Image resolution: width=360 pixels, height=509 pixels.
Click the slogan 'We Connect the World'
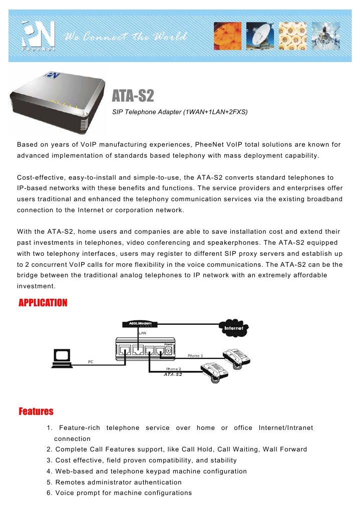click(x=126, y=37)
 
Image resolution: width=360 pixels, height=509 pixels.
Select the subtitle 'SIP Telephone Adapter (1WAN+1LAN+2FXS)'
click(x=180, y=112)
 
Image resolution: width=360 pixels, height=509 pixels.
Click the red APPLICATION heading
click(x=43, y=303)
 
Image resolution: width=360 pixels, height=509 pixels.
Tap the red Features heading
click(x=36, y=411)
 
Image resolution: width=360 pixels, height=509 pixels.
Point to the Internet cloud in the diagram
click(x=235, y=328)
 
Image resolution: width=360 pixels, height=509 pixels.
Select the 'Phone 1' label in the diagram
click(x=195, y=356)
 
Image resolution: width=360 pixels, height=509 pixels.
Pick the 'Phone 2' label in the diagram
click(x=173, y=368)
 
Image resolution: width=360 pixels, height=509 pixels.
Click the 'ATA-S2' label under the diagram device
click(x=173, y=374)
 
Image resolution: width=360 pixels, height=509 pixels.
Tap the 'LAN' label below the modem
click(x=128, y=332)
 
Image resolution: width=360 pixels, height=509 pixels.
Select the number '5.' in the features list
click(x=50, y=482)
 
